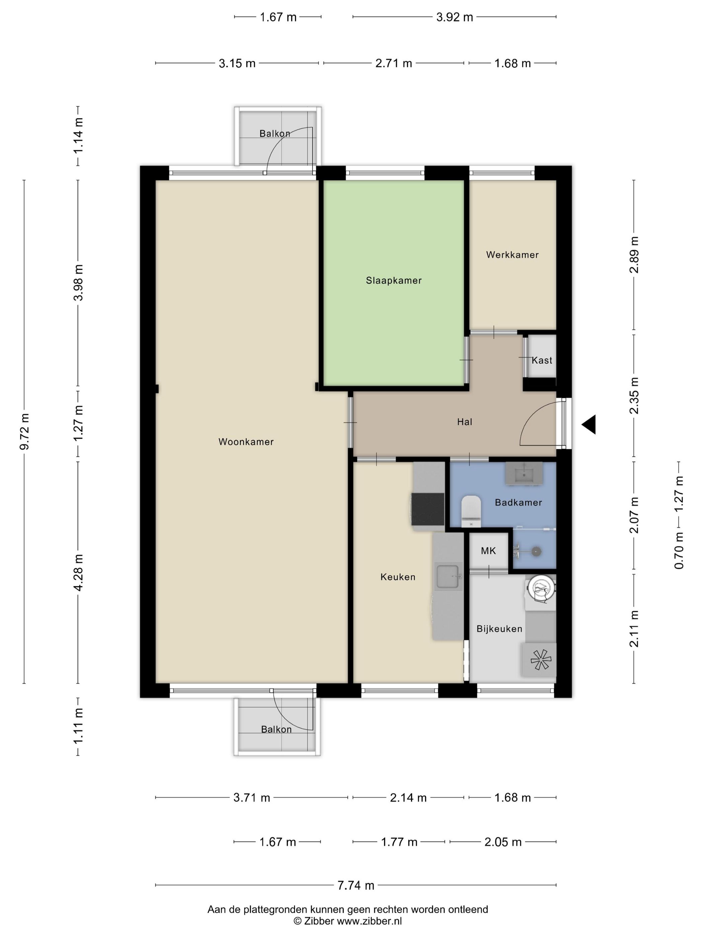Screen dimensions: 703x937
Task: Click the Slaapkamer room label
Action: [x=394, y=280]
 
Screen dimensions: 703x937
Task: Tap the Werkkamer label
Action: [x=512, y=255]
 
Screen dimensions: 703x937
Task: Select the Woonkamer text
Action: [x=246, y=442]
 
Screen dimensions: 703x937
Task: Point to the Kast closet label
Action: [x=542, y=360]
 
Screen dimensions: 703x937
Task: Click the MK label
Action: [x=488, y=551]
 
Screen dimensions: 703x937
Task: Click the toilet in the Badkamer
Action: [x=471, y=512]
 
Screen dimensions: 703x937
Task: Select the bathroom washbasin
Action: [x=525, y=473]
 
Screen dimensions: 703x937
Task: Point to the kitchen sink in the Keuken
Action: [x=448, y=576]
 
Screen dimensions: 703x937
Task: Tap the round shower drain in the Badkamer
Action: [x=537, y=551]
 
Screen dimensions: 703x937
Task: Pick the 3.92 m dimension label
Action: [x=455, y=17]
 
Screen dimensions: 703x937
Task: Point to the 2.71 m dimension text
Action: [x=394, y=63]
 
